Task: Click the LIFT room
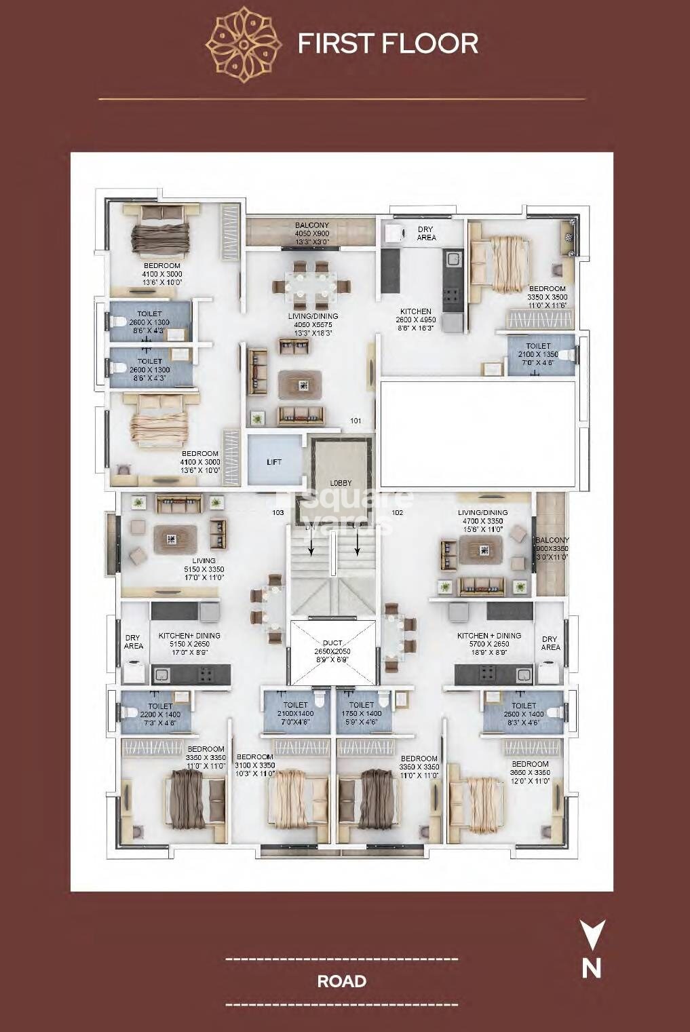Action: (x=274, y=462)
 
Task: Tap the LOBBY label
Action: (x=341, y=482)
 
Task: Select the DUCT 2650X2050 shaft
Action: (x=332, y=651)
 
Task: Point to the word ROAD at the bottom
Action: (x=341, y=981)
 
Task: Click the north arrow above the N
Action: (x=592, y=934)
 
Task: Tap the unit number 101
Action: (x=356, y=421)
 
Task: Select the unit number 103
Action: (x=277, y=512)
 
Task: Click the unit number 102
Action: (x=398, y=512)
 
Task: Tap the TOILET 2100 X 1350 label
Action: (x=539, y=354)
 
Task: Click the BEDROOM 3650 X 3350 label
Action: (x=530, y=772)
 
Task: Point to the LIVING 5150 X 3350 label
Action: (x=204, y=569)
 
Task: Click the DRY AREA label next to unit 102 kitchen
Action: (x=550, y=643)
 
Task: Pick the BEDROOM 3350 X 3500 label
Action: (x=547, y=297)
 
